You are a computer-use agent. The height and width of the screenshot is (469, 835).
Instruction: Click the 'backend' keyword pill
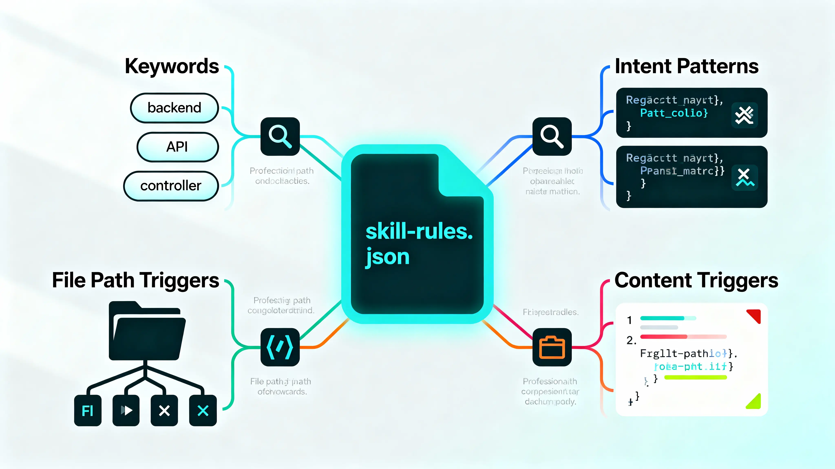(174, 108)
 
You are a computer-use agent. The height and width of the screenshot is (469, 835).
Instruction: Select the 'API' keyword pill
(177, 147)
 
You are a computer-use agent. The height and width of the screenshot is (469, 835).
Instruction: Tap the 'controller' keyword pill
(171, 186)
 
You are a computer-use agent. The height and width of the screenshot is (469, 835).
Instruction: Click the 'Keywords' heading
(172, 66)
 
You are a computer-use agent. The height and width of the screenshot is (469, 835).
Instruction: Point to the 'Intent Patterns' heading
(687, 66)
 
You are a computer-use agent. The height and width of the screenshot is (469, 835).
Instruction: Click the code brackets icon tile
(280, 347)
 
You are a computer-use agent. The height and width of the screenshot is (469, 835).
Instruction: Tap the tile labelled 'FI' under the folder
(87, 410)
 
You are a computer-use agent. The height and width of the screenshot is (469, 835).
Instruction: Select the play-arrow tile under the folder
(126, 410)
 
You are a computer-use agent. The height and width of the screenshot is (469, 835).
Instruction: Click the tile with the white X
(164, 410)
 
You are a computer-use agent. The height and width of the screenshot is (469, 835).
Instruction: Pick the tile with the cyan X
(203, 410)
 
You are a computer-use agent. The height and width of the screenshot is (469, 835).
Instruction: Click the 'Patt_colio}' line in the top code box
(674, 113)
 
